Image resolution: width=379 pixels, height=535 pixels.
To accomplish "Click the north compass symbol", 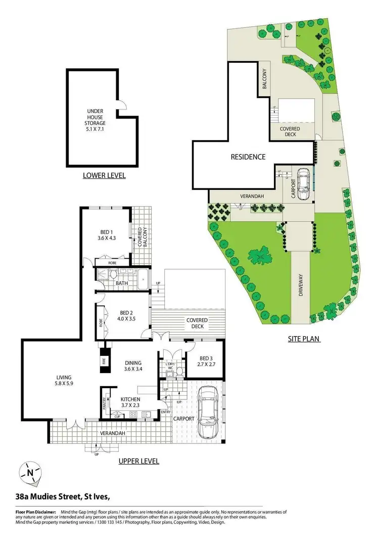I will click(x=30, y=474).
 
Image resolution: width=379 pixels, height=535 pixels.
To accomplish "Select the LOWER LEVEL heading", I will click(x=104, y=176).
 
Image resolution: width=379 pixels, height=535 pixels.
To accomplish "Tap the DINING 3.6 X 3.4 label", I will click(x=134, y=366).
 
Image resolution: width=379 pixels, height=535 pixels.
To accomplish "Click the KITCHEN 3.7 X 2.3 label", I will click(x=130, y=402).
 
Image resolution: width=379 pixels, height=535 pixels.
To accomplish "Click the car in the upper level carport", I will click(x=209, y=411).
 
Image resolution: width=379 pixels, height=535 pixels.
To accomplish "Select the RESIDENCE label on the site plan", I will click(x=248, y=157).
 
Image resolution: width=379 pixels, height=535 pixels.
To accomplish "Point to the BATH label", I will click(x=122, y=283).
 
